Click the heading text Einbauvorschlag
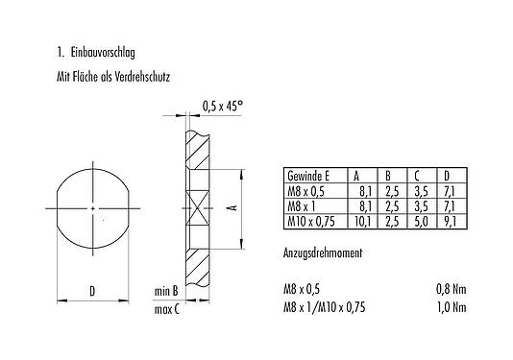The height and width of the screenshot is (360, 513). (x=100, y=48)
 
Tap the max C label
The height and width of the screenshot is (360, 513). (x=168, y=308)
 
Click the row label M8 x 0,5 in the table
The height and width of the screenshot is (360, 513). (x=308, y=191)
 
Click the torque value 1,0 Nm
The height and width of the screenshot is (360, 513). (x=452, y=307)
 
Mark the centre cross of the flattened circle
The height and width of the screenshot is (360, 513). (x=91, y=207)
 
